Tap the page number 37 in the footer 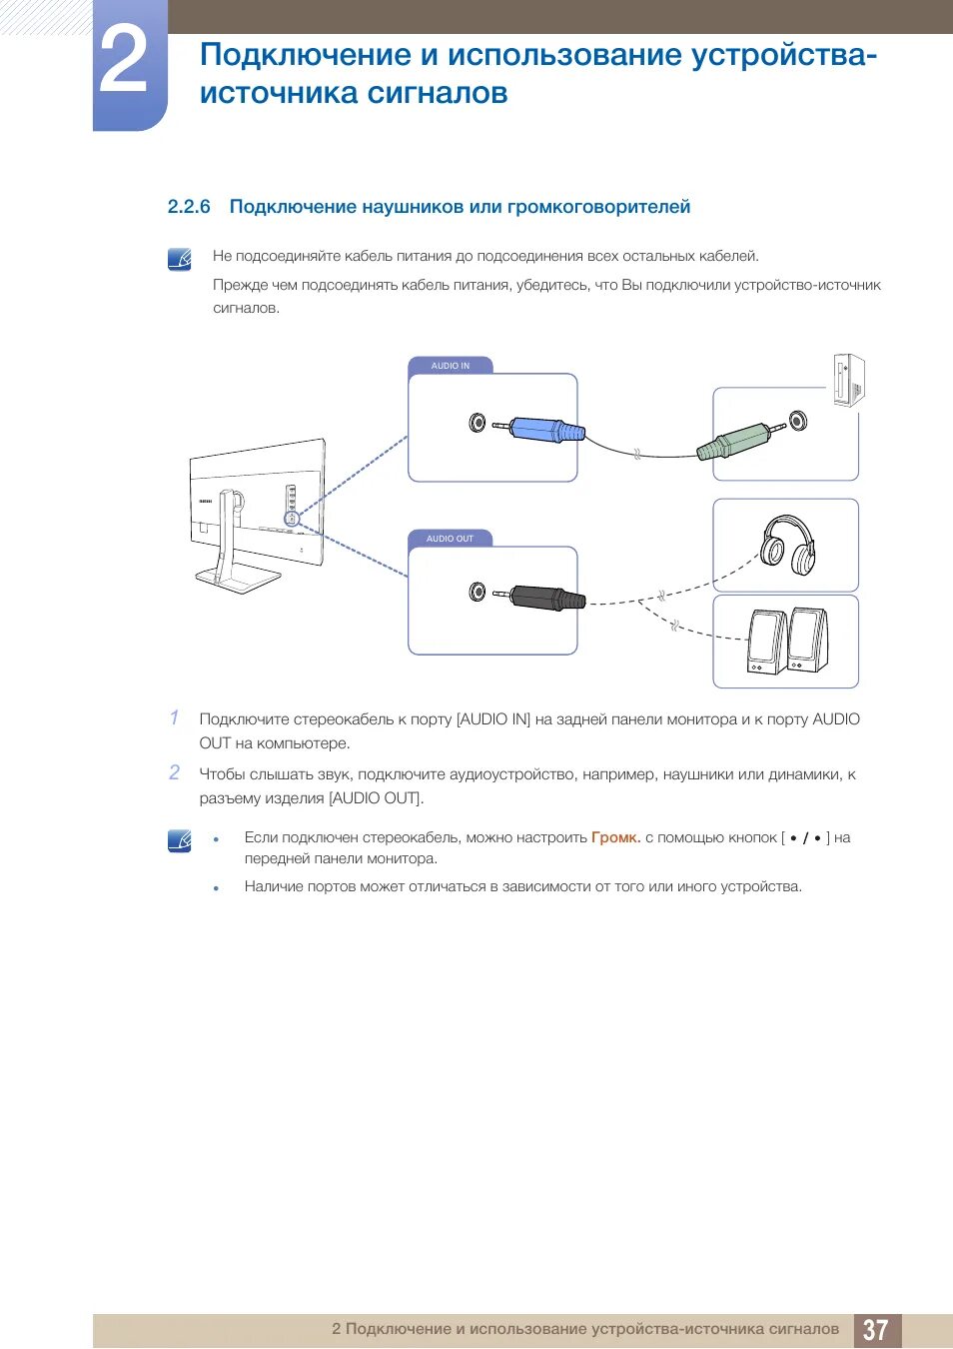pos(876,1330)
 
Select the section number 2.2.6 pos(189,207)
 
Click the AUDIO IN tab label pos(451,366)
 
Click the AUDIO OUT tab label pos(451,539)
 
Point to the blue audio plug pos(546,430)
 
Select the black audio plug pos(547,599)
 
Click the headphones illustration pos(787,545)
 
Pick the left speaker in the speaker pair pos(764,642)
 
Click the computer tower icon pos(848,380)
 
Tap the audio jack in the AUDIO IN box pos(477,423)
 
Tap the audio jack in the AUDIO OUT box pos(477,593)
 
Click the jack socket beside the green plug pos(797,421)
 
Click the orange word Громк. pos(614,837)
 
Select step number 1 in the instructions pos(175,717)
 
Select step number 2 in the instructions pos(175,772)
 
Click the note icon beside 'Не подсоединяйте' pos(180,260)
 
